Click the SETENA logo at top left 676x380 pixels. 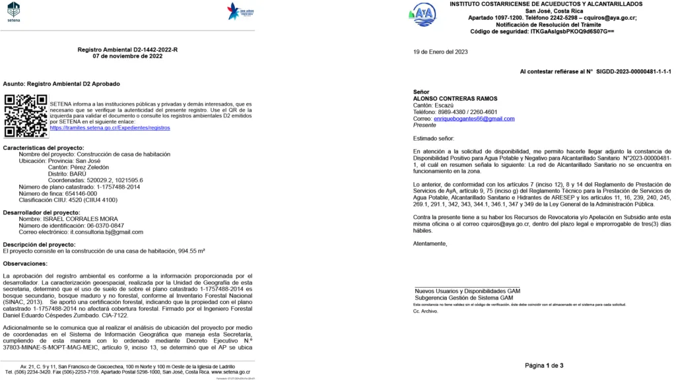pos(13,11)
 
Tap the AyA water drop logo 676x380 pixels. pos(423,14)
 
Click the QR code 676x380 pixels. pos(26,115)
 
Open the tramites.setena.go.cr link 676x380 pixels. pos(110,127)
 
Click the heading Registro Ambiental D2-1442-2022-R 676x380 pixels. pos(127,49)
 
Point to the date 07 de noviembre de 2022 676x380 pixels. pos(127,56)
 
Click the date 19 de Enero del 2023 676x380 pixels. pos(440,51)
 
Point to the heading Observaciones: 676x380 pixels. pos(26,263)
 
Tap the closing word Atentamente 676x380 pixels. pos(430,243)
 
